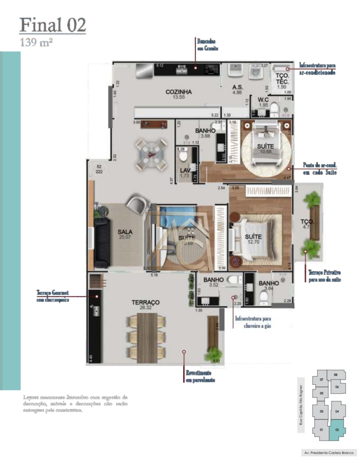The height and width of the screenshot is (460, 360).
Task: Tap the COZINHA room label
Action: click(179, 92)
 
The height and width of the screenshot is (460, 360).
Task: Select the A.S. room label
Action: click(237, 87)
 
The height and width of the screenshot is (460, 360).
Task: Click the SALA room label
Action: click(125, 232)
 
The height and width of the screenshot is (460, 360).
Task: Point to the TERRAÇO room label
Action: click(145, 302)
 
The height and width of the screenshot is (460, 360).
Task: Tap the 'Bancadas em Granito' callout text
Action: click(207, 45)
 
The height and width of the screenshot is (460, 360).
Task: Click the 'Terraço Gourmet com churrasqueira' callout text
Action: click(52, 296)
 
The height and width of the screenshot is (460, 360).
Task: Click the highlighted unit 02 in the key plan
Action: click(337, 430)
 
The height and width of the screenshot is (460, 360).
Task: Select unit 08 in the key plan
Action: click(336, 375)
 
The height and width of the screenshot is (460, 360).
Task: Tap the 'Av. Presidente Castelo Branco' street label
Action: click(329, 453)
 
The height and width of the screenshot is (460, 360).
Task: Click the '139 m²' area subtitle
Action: click(36, 42)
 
